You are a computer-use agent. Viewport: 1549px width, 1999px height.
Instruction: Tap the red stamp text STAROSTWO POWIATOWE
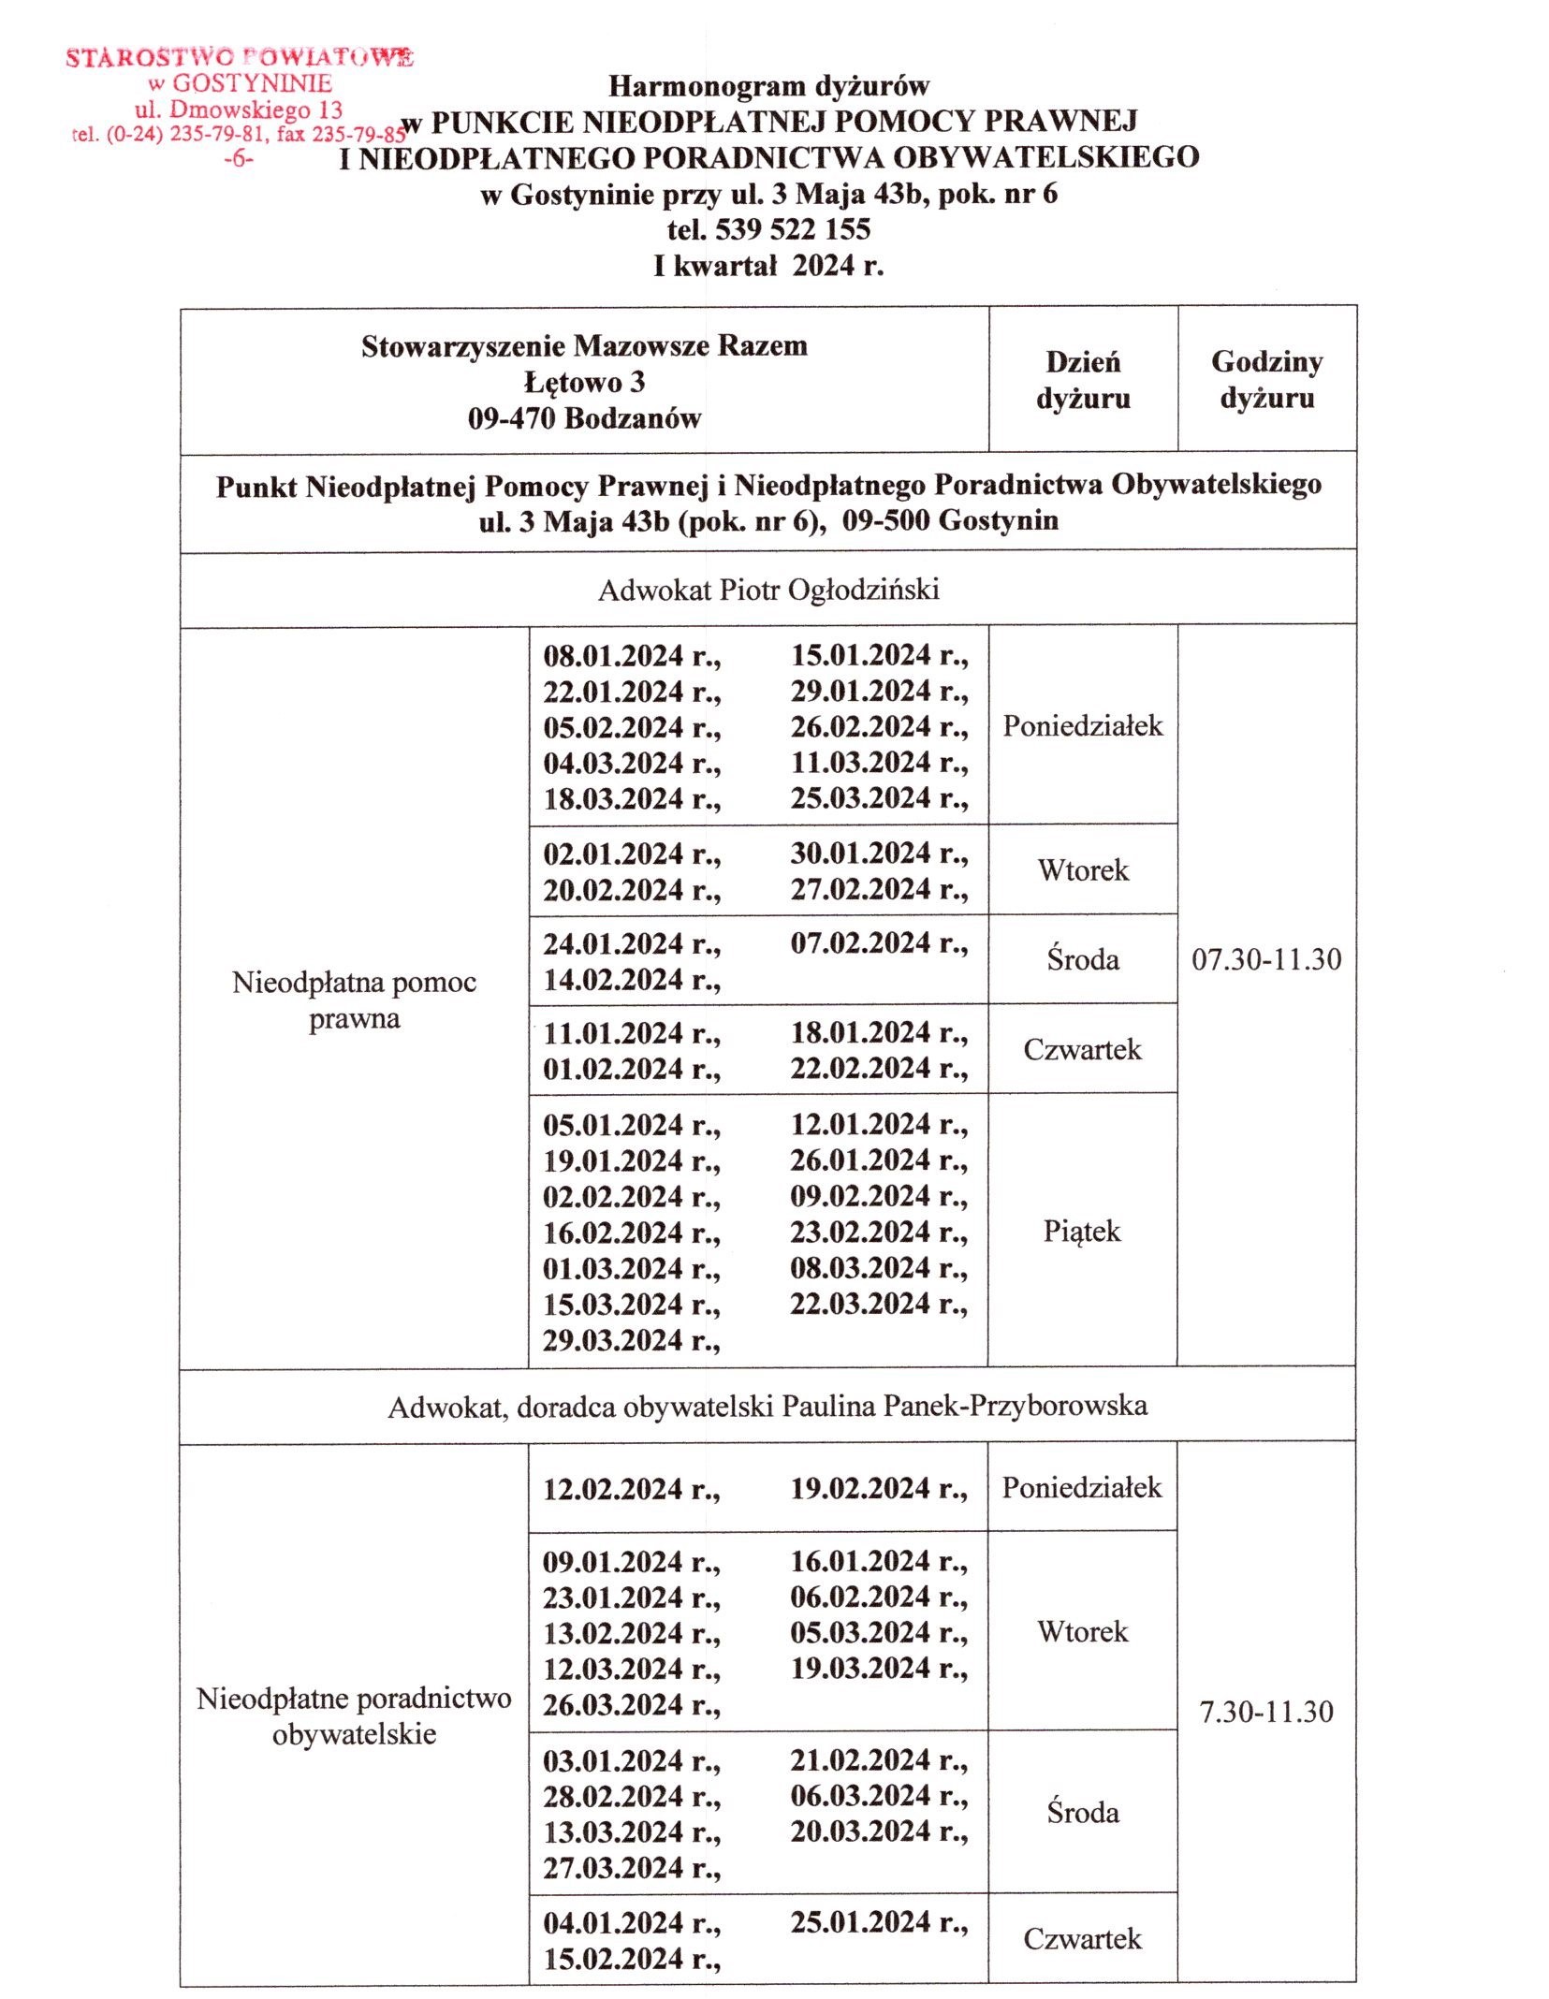(x=239, y=58)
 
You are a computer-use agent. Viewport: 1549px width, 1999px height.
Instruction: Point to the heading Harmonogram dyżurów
(x=768, y=86)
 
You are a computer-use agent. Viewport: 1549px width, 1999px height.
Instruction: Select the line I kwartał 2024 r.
(x=768, y=266)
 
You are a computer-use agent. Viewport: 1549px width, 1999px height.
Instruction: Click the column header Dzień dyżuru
(x=1083, y=380)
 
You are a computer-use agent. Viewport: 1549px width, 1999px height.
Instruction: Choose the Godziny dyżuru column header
(x=1266, y=379)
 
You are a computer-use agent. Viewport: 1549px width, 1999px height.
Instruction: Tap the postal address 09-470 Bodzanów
(x=584, y=417)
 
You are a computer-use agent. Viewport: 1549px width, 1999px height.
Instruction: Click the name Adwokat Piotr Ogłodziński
(x=768, y=590)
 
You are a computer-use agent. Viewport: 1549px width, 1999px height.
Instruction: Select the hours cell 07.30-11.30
(x=1266, y=958)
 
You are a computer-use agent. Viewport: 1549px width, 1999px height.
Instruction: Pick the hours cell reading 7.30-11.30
(x=1266, y=1712)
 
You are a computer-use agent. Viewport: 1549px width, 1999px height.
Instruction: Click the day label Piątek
(x=1082, y=1231)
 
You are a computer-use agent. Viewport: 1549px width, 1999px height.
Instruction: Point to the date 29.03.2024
(x=614, y=1340)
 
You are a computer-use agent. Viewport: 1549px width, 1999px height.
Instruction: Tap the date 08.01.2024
(x=614, y=655)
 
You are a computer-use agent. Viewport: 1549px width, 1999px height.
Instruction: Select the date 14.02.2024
(x=614, y=980)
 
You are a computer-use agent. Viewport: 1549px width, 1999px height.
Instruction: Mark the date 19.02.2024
(x=861, y=1488)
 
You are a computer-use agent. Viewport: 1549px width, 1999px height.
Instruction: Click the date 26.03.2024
(x=614, y=1704)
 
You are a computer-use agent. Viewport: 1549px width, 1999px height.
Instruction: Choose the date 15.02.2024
(x=614, y=1959)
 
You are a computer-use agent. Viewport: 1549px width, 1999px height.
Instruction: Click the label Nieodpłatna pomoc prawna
(x=355, y=999)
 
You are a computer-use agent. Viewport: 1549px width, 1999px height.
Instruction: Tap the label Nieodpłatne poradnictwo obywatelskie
(x=355, y=1715)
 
